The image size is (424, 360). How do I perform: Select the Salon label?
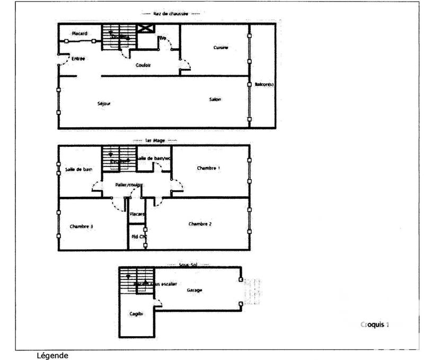click(x=215, y=100)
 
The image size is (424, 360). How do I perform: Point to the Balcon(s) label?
click(x=263, y=84)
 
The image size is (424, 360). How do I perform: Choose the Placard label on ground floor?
click(x=79, y=33)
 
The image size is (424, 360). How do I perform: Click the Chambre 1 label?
click(x=208, y=168)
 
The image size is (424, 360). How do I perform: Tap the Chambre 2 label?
click(x=200, y=224)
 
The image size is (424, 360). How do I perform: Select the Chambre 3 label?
click(x=82, y=226)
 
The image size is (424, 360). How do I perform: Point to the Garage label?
click(x=195, y=290)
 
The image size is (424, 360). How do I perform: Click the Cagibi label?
click(x=137, y=314)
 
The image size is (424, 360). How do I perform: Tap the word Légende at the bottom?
click(x=52, y=355)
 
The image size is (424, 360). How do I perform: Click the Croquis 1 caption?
click(x=374, y=323)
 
